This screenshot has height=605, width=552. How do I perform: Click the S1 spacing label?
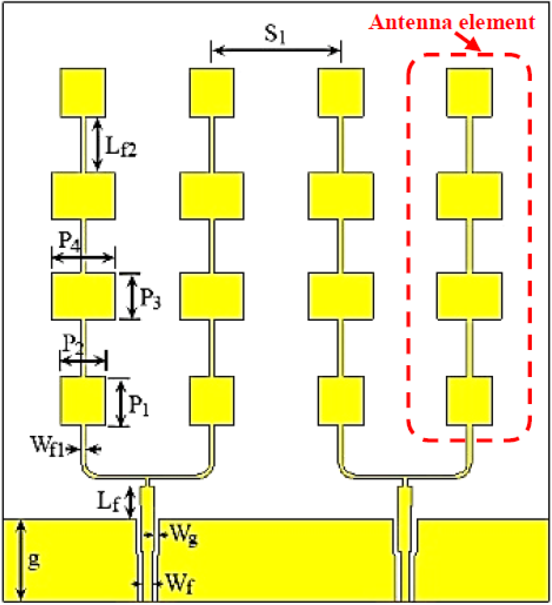tap(275, 34)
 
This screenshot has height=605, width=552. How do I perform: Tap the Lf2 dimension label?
tap(120, 147)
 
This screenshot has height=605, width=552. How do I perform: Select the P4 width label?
tap(69, 241)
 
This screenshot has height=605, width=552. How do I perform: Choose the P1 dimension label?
tap(139, 406)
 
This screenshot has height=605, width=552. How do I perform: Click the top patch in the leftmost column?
tap(83, 92)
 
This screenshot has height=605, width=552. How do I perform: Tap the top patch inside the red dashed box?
tap(469, 92)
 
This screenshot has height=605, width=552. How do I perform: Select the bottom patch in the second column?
tap(212, 401)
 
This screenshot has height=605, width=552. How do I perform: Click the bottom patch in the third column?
tap(341, 401)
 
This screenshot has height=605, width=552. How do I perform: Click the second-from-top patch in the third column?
tap(341, 196)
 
